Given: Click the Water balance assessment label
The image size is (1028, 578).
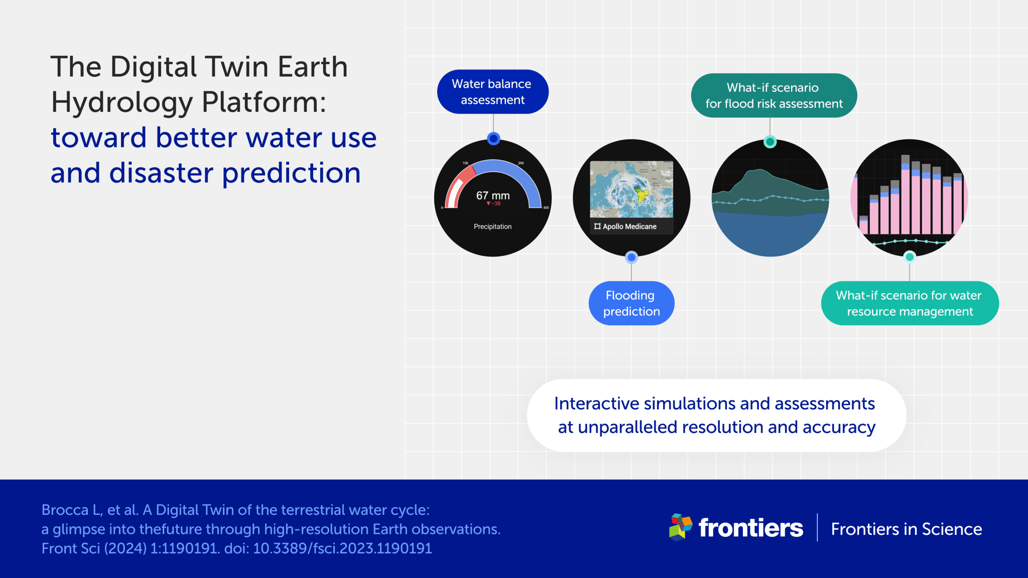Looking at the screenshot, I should (492, 92).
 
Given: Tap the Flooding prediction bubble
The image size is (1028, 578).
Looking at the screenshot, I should (631, 303).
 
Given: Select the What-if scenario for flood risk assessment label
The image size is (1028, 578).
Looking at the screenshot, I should (774, 95).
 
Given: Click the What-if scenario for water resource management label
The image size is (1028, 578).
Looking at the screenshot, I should (909, 303).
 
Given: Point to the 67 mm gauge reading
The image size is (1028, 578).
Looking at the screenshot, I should (492, 196).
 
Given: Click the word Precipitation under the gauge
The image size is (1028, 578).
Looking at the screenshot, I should (492, 227).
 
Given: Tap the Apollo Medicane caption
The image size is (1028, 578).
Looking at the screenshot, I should (629, 227).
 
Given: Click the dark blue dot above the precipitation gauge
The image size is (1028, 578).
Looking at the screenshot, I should (493, 138).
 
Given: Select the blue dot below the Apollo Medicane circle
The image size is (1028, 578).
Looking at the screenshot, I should (631, 257).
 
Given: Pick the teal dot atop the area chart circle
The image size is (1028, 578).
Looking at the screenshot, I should (770, 141).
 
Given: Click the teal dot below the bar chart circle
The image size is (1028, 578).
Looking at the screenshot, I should (910, 257).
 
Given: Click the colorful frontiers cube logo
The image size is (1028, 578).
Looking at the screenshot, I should (680, 527).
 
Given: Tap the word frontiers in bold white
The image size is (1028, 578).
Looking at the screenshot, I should (750, 528).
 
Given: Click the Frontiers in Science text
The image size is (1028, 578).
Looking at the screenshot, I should (906, 529).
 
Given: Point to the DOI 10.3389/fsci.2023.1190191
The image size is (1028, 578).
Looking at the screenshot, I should (342, 548).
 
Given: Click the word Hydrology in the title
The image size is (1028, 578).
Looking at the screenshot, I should (122, 102).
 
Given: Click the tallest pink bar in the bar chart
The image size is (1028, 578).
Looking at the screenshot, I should (905, 201).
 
